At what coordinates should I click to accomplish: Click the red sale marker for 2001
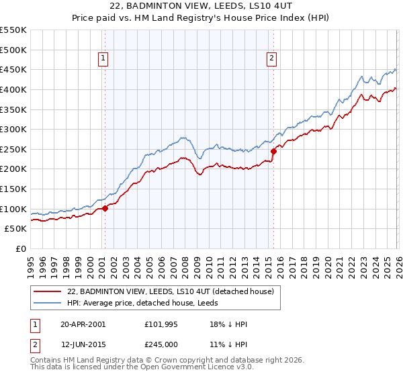point(105,208)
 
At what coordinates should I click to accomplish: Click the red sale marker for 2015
point(273,152)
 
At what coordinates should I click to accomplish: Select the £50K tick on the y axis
point(16,229)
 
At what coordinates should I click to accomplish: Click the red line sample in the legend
point(47,292)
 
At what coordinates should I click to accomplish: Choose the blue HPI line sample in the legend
point(47,303)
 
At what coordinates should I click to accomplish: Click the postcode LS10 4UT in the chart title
point(263,5)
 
